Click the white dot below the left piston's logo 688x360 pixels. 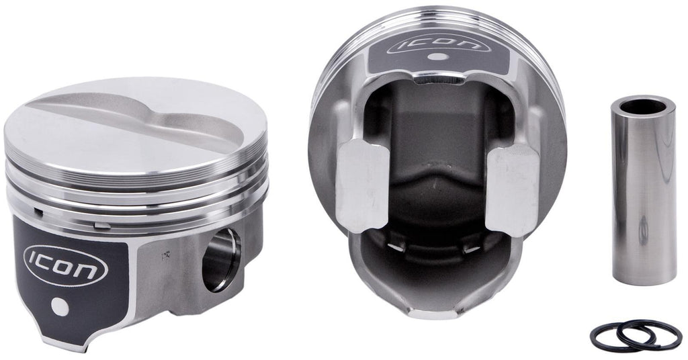point(60,307)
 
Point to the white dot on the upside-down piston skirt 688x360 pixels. point(437,56)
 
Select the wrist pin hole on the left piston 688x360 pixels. point(221,259)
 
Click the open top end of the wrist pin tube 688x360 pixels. point(644,107)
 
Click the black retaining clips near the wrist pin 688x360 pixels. point(636,335)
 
